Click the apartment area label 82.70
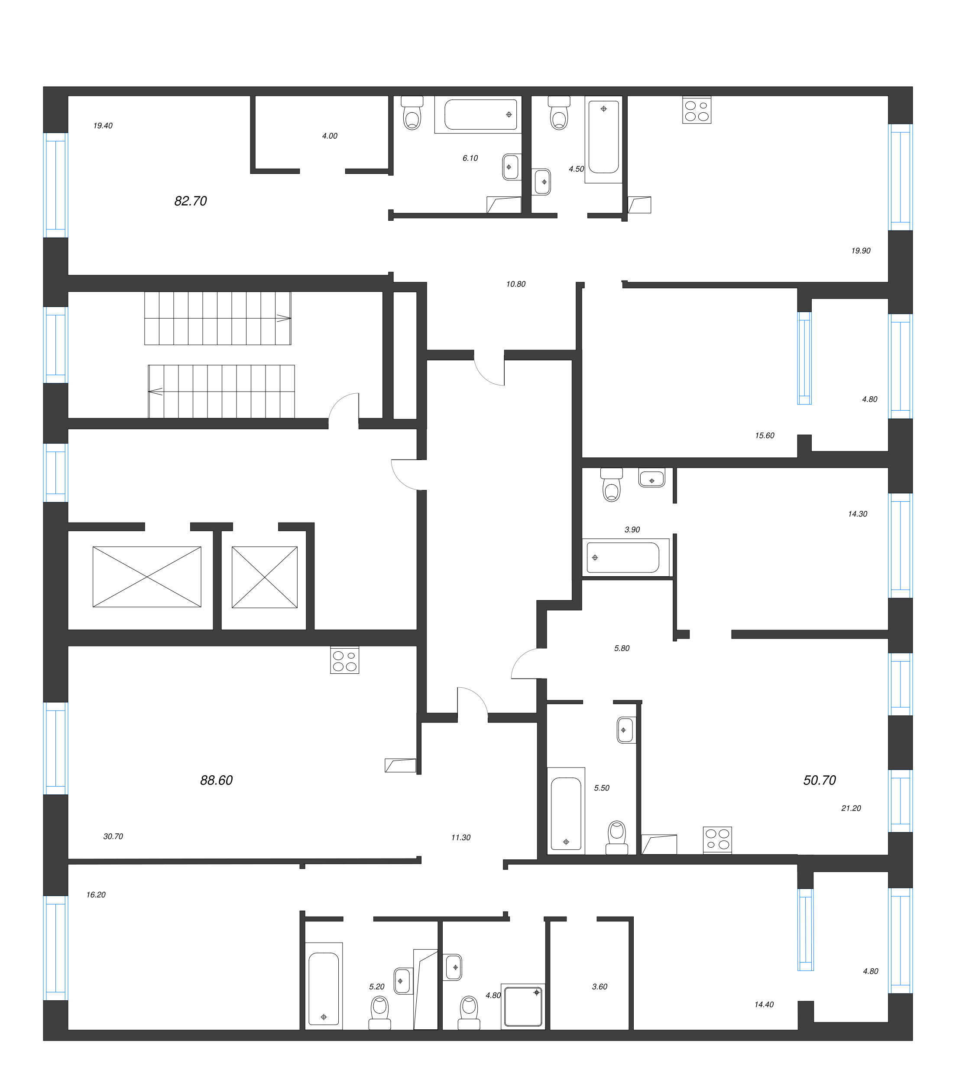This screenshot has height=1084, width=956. pyautogui.click(x=190, y=201)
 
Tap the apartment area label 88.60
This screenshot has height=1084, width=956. pyautogui.click(x=216, y=780)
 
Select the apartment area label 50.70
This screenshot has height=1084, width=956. pyautogui.click(x=819, y=780)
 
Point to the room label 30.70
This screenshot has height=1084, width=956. pyautogui.click(x=113, y=836)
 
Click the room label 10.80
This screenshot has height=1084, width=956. pyautogui.click(x=515, y=284)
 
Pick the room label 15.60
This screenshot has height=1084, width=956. pyautogui.click(x=764, y=435)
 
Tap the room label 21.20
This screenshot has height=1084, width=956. pyautogui.click(x=851, y=808)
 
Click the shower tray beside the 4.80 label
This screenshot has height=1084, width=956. pyautogui.click(x=522, y=1006)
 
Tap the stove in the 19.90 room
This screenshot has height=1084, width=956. pyautogui.click(x=697, y=110)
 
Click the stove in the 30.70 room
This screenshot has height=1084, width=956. pyautogui.click(x=344, y=660)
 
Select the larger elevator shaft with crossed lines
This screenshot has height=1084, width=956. pyautogui.click(x=147, y=577)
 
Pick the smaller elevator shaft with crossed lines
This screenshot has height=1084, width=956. pyautogui.click(x=264, y=577)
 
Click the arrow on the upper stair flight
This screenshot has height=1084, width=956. pyautogui.click(x=284, y=318)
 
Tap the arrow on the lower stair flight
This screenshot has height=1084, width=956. pyautogui.click(x=155, y=392)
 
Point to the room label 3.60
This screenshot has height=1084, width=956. pyautogui.click(x=600, y=986)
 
